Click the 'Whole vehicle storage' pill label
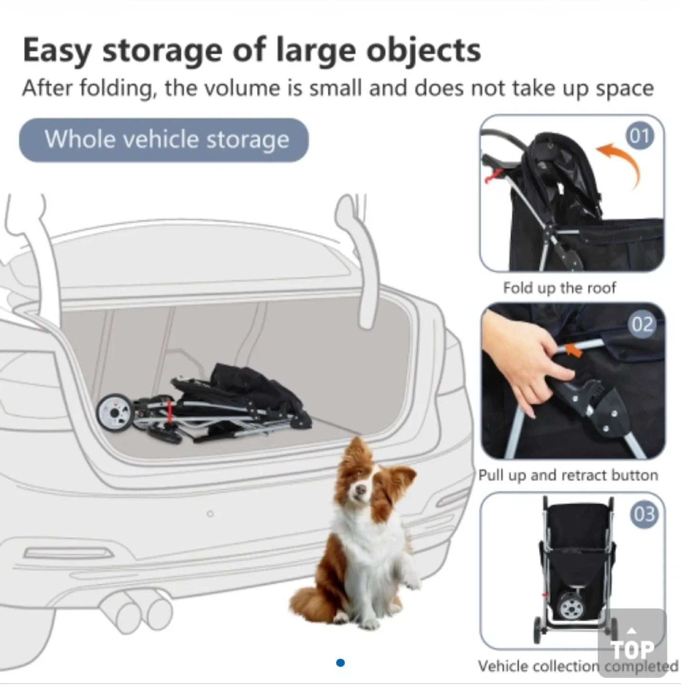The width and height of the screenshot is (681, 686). (164, 140)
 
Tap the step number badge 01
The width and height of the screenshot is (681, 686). (639, 136)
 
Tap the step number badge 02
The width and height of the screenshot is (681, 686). (641, 324)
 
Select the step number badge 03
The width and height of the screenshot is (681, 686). (644, 514)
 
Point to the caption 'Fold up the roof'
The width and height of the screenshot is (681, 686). (559, 288)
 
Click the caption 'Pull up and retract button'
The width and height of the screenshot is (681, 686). (568, 475)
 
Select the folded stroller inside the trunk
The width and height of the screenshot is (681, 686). (205, 405)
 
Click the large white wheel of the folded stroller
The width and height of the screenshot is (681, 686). (115, 411)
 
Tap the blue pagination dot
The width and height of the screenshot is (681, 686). (340, 663)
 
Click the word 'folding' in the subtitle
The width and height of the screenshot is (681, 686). (117, 89)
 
